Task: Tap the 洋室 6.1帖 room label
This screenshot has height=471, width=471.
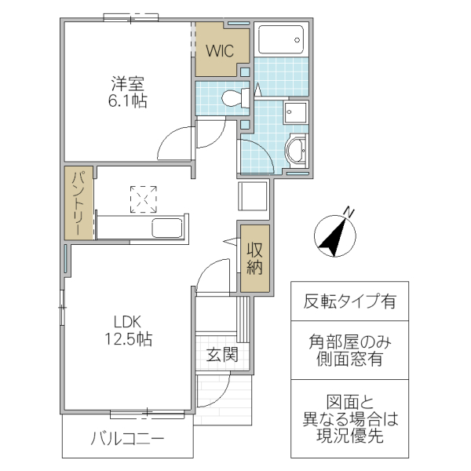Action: coord(129,92)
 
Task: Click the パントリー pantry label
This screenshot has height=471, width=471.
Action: coord(79,203)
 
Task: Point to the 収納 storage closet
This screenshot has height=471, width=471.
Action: coord(255,258)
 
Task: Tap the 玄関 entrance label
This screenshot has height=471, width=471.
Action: coord(222,354)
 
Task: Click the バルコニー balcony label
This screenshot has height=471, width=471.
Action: coord(127,438)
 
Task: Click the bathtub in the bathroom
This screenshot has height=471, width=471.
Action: coord(280,39)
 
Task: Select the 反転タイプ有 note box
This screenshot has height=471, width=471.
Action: coord(350,301)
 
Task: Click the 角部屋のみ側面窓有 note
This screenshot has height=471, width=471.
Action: coord(350,350)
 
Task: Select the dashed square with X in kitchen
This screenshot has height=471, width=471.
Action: coord(143,199)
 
